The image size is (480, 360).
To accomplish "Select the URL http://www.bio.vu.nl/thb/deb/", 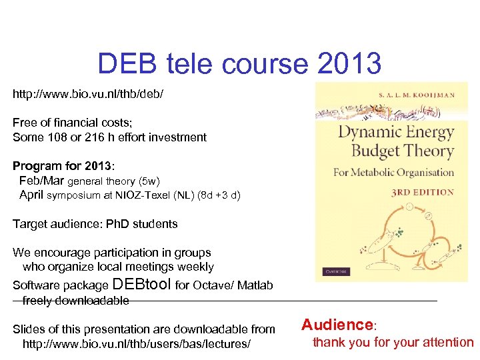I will pos(87,95).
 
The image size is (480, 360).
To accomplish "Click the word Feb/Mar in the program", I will pos(41,181).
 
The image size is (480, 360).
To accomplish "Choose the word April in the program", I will pos(31,195).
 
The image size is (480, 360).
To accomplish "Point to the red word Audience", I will pos(337,325).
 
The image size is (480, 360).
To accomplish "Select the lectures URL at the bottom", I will pos(137,344).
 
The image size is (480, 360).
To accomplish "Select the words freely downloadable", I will pos(75,301).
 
